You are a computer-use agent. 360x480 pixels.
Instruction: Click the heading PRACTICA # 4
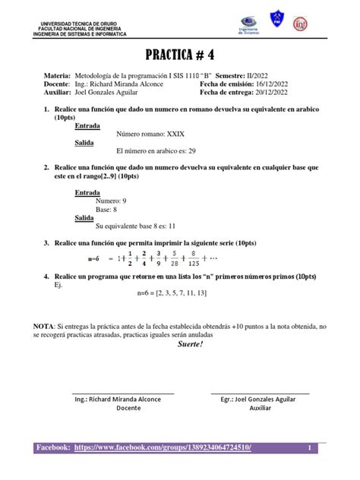coord(181,55)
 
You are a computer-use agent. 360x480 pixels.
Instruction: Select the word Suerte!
coord(188,344)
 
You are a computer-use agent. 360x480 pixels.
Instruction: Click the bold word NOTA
coord(49,325)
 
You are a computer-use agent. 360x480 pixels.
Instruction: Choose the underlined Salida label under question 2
coord(84,217)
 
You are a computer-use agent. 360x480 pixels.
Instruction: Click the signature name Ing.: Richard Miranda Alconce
coord(123,398)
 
